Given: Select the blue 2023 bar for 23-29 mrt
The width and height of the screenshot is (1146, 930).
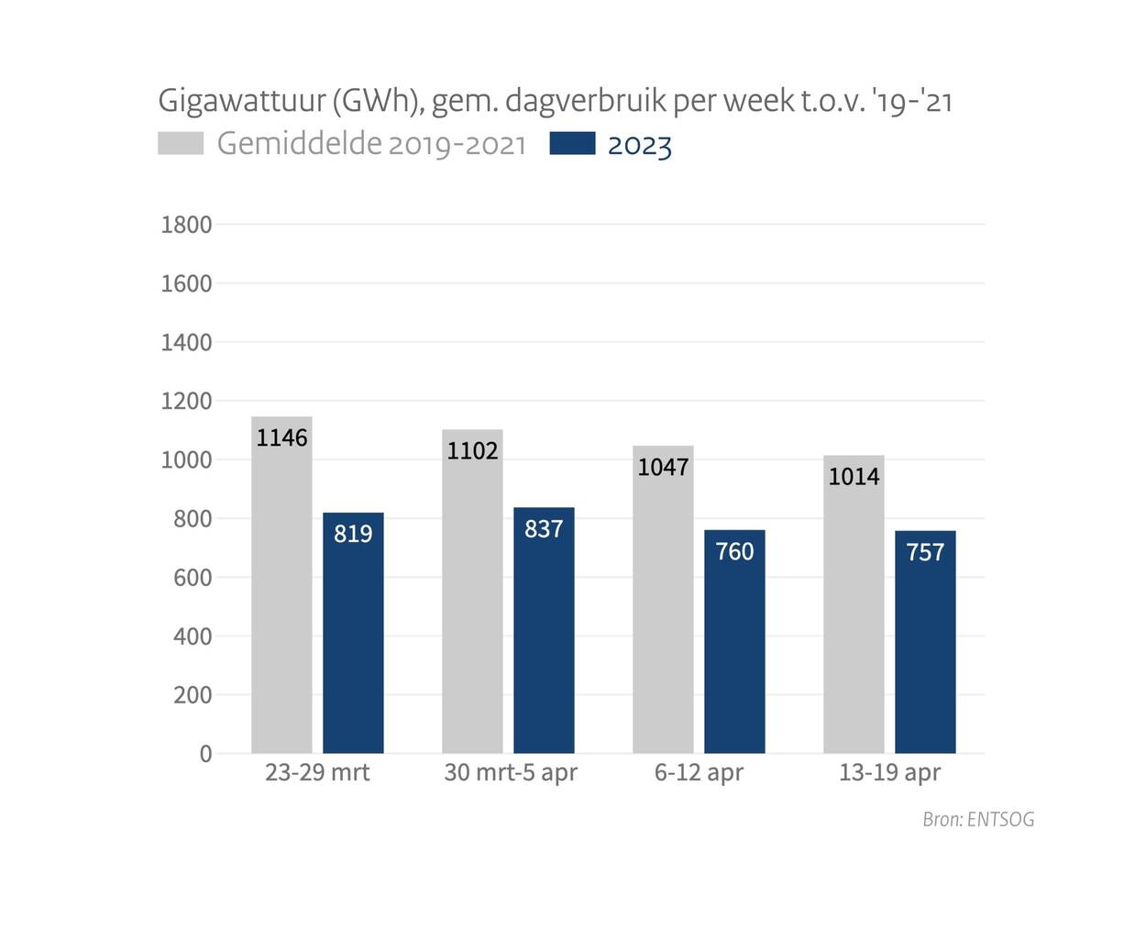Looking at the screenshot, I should (353, 642).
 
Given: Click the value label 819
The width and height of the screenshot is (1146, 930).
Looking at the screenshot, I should (353, 534).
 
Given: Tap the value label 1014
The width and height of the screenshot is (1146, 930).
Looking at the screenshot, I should (854, 477).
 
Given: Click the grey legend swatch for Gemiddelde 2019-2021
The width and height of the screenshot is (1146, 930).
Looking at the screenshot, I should (181, 144).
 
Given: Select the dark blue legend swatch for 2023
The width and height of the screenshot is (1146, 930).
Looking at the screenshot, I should (572, 144).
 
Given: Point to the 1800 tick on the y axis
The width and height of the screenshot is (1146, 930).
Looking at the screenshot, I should (186, 225).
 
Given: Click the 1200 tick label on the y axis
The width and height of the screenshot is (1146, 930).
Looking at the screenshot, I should (186, 402).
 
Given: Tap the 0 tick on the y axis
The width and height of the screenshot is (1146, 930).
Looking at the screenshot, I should (205, 754).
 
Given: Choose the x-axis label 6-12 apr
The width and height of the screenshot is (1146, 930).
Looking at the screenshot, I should (699, 772).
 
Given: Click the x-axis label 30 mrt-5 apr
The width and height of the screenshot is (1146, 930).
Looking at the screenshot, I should (511, 772).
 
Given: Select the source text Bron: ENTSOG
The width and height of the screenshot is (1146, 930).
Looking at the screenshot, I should (978, 819).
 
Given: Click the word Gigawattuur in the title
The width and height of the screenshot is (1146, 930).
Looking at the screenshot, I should (241, 101).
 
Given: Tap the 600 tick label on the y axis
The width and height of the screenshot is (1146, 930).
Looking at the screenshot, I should (192, 578).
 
